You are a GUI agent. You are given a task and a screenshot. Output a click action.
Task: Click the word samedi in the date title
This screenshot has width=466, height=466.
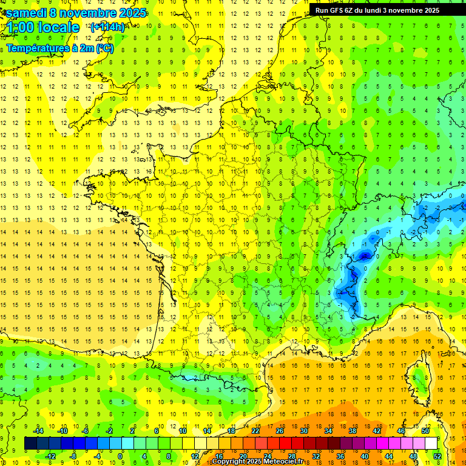pos(27,13)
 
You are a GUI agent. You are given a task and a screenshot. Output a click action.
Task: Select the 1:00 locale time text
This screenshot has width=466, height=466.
pos(43,27)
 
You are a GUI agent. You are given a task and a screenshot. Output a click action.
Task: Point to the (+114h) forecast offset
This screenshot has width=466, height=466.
pos(107,27)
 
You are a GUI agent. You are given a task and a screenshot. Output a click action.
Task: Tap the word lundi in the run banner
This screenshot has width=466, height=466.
pos(380,10)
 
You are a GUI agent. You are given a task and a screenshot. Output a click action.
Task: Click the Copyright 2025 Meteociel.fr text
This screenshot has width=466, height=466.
pos(257,462)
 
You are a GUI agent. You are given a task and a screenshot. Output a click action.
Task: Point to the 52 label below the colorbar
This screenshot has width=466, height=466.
pos(437,456)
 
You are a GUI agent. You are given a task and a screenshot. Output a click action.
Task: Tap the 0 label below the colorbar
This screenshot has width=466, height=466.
pos(120,456)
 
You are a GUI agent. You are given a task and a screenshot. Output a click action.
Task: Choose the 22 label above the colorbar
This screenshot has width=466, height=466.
pos(255,431)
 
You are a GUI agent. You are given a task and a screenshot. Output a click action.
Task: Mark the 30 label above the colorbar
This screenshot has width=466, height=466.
pos(303,431)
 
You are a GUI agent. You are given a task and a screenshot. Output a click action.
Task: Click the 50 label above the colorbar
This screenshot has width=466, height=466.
pos(425,431)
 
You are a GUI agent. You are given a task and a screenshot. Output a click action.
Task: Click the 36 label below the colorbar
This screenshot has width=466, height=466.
pos(340,456)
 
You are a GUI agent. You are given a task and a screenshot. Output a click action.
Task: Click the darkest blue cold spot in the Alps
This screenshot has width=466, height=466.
pos(364,256)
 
